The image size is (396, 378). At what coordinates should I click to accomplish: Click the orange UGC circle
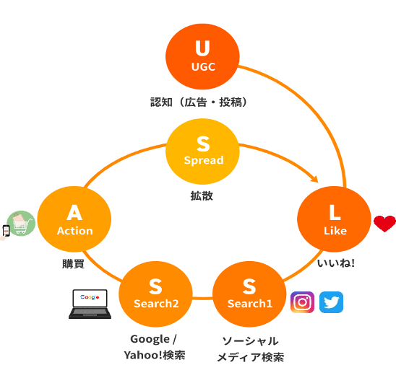tap(202, 56)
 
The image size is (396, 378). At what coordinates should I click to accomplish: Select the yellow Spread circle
tap(202, 151)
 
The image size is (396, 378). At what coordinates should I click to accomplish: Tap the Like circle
tap(334, 219)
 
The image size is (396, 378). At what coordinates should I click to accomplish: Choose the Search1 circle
tap(249, 294)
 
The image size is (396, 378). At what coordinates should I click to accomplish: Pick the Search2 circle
tap(155, 294)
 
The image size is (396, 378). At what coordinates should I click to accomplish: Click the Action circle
tap(74, 219)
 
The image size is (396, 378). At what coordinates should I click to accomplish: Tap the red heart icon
tap(384, 224)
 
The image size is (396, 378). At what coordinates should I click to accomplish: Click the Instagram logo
tap(302, 302)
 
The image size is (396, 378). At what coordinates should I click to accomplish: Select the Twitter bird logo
tap(331, 302)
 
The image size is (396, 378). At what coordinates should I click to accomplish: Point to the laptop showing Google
tap(90, 304)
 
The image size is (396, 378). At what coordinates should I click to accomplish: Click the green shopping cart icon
tap(21, 223)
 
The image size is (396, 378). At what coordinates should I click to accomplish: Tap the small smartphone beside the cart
tap(6, 231)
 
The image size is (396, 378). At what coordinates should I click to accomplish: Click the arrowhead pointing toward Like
tap(315, 179)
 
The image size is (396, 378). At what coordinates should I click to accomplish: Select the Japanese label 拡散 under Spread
tap(202, 195)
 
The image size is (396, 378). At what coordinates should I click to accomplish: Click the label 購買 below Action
tap(73, 264)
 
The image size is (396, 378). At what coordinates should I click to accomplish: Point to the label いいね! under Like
tap(336, 263)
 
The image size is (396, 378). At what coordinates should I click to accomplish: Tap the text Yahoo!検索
tap(155, 355)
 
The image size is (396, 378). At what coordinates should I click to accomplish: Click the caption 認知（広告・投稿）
tap(199, 102)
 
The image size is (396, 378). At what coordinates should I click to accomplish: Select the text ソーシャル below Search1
tap(250, 341)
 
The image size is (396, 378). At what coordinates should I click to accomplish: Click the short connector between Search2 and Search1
tap(202, 299)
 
